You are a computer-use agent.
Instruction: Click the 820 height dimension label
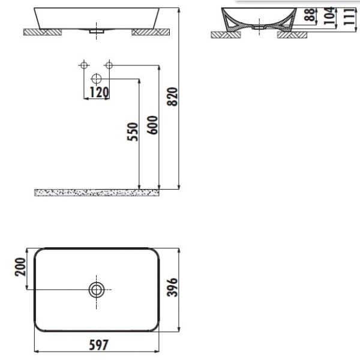pyautogui.click(x=172, y=97)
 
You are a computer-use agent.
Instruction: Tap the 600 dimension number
pyautogui.click(x=152, y=125)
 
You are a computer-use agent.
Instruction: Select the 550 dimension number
pyautogui.click(x=133, y=132)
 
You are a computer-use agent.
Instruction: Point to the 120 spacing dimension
pyautogui.click(x=99, y=92)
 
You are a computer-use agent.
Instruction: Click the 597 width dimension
pyautogui.click(x=98, y=345)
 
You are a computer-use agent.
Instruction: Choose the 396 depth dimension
pyautogui.click(x=172, y=287)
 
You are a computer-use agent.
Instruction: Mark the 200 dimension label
pyautogui.click(x=20, y=267)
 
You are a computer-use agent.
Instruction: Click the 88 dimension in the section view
pyautogui.click(x=310, y=14)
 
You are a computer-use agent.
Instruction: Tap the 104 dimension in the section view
pyautogui.click(x=329, y=16)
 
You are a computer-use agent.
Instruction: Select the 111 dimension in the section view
pyautogui.click(x=349, y=17)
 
